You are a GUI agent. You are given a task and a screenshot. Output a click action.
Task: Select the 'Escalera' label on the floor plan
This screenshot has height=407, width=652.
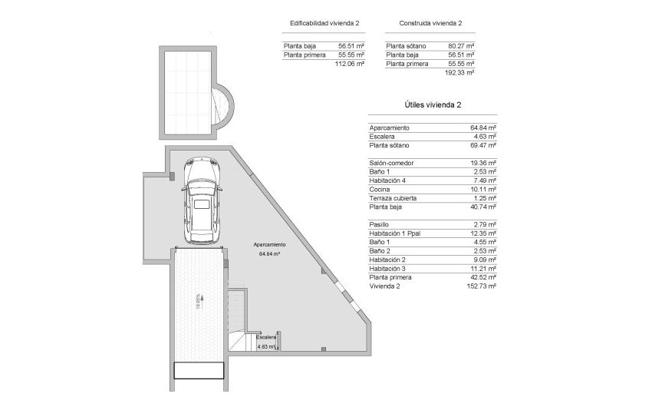tap(266, 337)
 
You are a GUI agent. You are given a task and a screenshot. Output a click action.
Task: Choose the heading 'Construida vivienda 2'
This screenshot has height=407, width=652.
tap(430, 25)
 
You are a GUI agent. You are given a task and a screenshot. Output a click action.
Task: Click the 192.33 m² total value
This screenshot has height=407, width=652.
tap(459, 72)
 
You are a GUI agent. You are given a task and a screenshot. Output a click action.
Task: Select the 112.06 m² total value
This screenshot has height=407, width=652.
tap(350, 64)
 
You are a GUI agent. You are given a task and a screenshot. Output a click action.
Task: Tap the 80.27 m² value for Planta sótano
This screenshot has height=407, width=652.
tap(459, 46)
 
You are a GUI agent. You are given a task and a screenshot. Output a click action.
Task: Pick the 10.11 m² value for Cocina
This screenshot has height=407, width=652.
tap(483, 189)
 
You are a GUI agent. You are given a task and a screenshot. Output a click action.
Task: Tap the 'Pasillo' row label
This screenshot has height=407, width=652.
tap(379, 224)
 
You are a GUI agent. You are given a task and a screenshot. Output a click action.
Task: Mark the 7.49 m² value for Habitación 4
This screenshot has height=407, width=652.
tap(485, 180)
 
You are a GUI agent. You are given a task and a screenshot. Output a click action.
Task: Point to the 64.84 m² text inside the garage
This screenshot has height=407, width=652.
tap(270, 253)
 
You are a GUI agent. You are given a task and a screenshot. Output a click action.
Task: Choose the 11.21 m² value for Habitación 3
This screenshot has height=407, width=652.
tap(483, 268)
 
